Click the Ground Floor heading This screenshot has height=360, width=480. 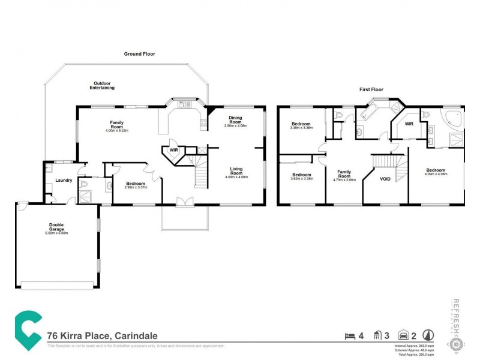139,54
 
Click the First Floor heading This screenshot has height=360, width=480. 371,89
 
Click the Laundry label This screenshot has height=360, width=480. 64,180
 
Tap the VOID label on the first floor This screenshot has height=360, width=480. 386,179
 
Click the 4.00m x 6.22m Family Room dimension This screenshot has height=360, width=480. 117,130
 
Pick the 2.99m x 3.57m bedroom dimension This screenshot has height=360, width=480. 135,187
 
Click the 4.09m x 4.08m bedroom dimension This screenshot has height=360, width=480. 436,175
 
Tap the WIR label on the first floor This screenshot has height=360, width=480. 409,124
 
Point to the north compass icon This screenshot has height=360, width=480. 428,336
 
